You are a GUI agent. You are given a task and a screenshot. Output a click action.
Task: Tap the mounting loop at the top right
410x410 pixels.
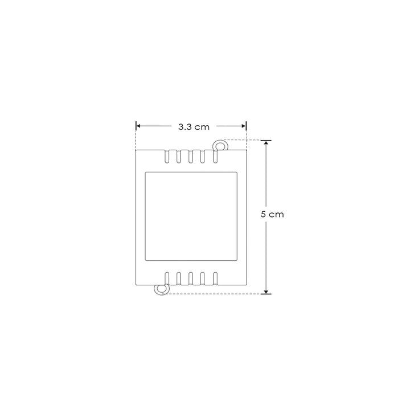coord(220,146)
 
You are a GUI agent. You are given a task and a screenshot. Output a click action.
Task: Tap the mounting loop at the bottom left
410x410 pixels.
coord(162,289)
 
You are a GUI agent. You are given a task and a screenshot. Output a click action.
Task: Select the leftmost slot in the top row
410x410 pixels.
coord(166,157)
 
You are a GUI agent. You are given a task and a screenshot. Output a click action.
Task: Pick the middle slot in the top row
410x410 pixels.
coord(191,157)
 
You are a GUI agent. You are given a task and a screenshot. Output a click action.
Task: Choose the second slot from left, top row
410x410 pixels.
coord(179,157)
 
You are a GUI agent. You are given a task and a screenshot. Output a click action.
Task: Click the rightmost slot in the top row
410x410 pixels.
coord(215,157)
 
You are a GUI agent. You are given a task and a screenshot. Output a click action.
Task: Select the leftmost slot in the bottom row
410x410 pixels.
coord(166,278)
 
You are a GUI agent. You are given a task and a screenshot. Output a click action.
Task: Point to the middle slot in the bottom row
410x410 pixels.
coord(191,278)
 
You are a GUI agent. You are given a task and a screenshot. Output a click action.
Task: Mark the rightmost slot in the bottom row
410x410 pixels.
coord(215,278)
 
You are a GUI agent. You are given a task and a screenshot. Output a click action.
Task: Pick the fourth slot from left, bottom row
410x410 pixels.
coord(203,278)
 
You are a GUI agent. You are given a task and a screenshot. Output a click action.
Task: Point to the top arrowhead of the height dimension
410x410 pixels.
coord(266,143)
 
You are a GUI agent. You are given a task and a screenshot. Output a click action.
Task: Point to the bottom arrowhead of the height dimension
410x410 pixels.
coord(266,291)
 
